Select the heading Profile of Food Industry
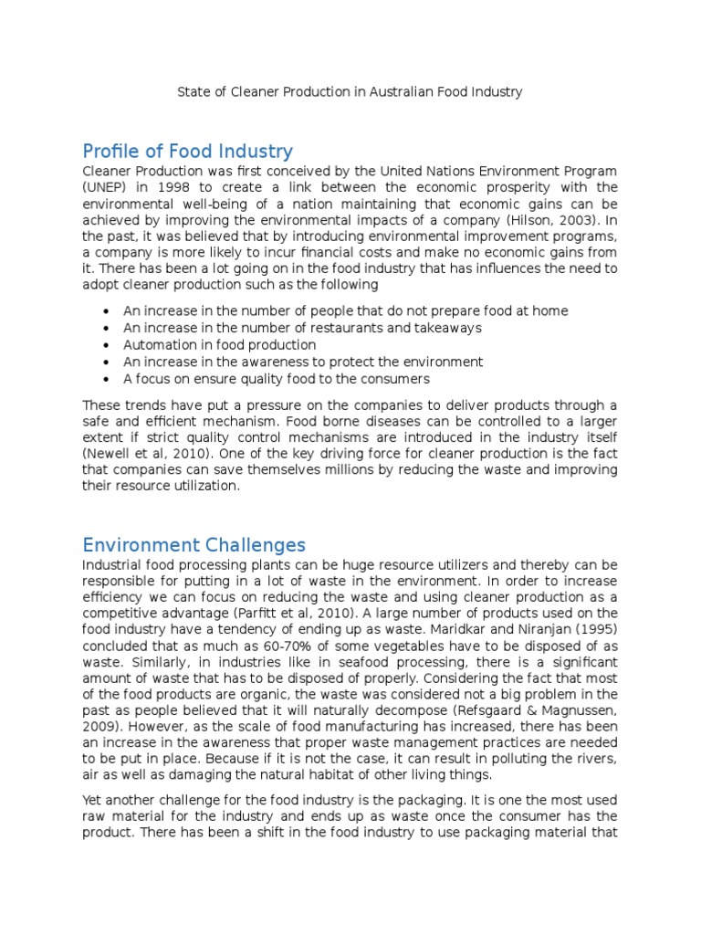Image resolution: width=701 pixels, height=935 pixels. click(x=187, y=151)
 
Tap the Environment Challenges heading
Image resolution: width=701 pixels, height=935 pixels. click(x=194, y=545)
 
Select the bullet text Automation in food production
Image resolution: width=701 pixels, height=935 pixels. click(x=220, y=345)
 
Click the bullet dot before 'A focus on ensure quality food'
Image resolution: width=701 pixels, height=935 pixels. click(x=108, y=379)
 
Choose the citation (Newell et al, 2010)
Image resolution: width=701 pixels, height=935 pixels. click(x=147, y=454)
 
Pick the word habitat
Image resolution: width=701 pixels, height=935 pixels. click(x=328, y=774)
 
